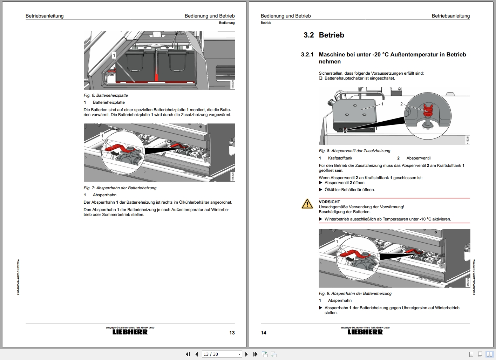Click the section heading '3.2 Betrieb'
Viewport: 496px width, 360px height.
pos(324,35)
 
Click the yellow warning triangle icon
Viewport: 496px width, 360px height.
pos(307,204)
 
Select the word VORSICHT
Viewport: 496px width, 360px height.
pos(329,202)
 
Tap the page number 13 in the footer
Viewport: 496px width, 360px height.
pos(232,333)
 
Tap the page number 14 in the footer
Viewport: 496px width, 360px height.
pos(264,333)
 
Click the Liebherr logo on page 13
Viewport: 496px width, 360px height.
pos(130,332)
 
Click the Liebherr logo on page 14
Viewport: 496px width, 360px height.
pos(365,332)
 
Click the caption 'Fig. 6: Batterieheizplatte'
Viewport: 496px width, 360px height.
pos(106,95)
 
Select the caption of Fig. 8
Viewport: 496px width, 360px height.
pos(354,151)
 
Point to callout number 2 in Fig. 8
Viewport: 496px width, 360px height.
pos(401,104)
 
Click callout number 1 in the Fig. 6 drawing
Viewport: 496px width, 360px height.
pos(114,55)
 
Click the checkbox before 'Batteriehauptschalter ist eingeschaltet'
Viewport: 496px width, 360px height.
pos(321,78)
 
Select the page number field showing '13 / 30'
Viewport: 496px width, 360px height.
pos(222,354)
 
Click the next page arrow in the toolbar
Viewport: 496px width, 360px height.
pos(246,354)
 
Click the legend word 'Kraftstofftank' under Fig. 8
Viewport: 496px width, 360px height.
pos(340,158)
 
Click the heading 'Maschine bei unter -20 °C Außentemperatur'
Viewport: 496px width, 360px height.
pos(392,58)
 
